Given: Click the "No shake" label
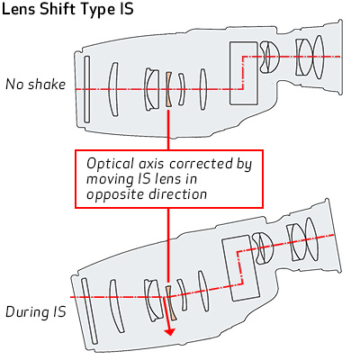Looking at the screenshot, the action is tap(36, 85).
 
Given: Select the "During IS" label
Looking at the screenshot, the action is tap(36, 312).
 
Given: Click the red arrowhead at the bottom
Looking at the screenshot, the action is tap(170, 331).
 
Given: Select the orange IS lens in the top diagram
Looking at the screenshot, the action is tap(168, 89).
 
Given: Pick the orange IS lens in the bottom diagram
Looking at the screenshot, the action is tap(171, 303).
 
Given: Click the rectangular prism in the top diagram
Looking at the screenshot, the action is tap(244, 73).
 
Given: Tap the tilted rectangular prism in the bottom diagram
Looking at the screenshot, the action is tap(240, 268).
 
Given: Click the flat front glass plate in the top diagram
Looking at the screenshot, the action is tap(86, 89).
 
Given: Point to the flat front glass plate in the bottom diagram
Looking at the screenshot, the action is tap(89, 311).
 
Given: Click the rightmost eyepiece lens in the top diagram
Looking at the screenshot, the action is tap(318, 57).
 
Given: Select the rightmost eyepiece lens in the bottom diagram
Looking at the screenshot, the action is tap(310, 240).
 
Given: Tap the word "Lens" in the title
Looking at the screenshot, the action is tap(19, 9).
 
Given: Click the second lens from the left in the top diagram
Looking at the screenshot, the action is tap(113, 89).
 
